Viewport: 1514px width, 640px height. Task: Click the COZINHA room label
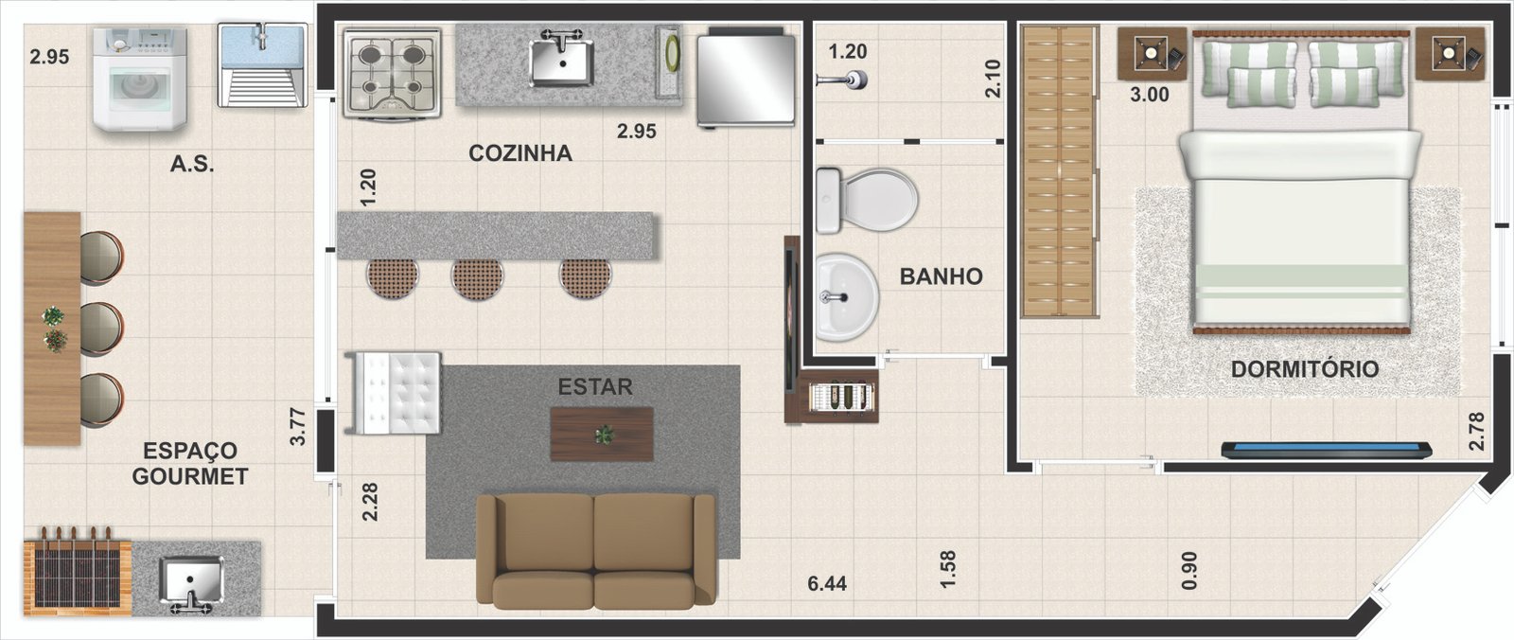click(x=520, y=153)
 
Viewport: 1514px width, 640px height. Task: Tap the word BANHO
click(x=941, y=276)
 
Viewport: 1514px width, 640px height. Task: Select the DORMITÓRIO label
click(x=1305, y=368)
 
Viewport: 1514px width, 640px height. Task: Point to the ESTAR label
click(x=595, y=387)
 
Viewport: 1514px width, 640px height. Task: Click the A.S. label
click(x=192, y=164)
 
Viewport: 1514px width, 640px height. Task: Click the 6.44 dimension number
click(x=827, y=583)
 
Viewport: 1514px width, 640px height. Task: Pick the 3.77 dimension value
click(x=297, y=426)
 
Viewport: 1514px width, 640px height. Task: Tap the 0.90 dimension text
click(x=1189, y=570)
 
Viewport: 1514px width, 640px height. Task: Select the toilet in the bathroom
click(x=867, y=201)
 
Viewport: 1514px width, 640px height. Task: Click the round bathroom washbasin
click(x=846, y=297)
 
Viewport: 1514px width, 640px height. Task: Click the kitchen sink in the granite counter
click(x=561, y=60)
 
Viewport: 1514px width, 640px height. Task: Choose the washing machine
click(x=140, y=80)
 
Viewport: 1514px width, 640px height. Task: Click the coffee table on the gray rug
click(x=602, y=435)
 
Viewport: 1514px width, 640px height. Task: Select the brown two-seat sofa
click(x=595, y=550)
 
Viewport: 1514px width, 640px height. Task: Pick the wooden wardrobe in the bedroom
click(x=1059, y=172)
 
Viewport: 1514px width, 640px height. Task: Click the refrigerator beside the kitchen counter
click(x=747, y=78)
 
